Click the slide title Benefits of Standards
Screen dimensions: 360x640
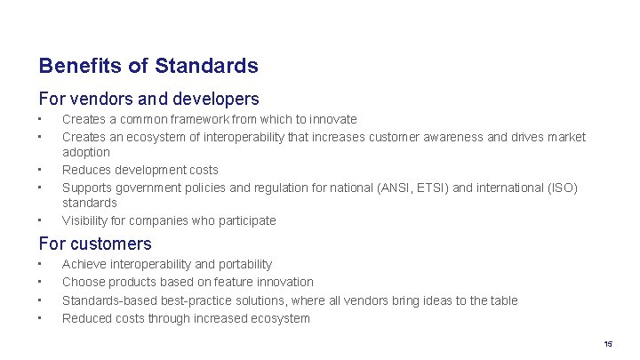[x=148, y=66]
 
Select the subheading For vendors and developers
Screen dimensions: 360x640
[x=148, y=98]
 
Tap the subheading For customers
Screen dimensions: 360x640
[x=95, y=243]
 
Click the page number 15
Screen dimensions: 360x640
[x=608, y=344]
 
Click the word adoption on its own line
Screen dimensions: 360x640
[x=86, y=152]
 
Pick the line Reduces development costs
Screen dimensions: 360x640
[x=140, y=170]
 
